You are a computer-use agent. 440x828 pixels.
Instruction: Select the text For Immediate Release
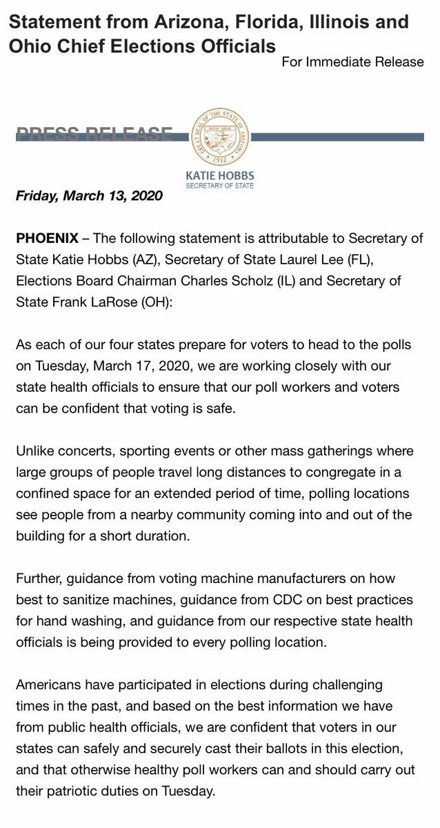click(x=352, y=62)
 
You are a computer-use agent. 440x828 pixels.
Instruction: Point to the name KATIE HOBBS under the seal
click(x=220, y=175)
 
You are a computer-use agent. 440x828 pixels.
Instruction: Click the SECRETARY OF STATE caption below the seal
click(x=220, y=186)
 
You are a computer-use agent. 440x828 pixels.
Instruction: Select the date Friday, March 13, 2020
click(x=89, y=195)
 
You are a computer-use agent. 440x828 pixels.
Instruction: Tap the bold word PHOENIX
click(x=46, y=239)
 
